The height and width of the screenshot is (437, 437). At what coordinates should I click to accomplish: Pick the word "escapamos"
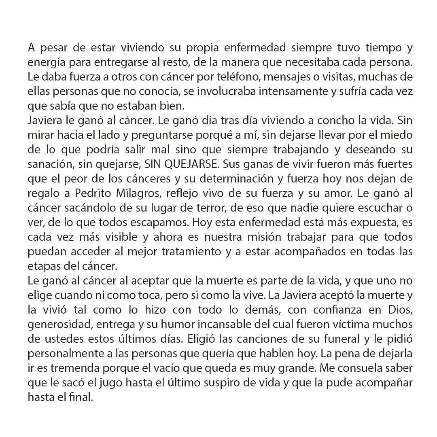coord(157,223)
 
